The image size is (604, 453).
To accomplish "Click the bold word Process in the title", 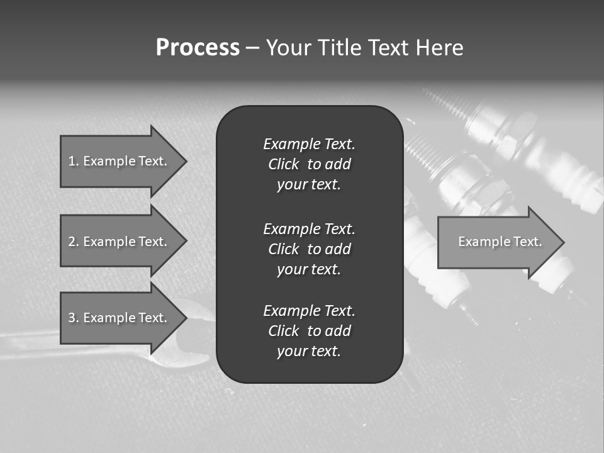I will coord(198,48).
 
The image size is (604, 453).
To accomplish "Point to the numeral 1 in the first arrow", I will coord(71,161).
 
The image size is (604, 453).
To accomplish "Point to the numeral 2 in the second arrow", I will coord(72,242).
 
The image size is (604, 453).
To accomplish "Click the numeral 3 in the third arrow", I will coord(72,318).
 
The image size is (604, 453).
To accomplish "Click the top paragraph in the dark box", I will coord(309,164).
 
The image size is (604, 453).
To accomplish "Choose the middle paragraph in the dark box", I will coord(309,249).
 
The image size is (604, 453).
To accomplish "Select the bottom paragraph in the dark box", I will coord(309,331).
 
